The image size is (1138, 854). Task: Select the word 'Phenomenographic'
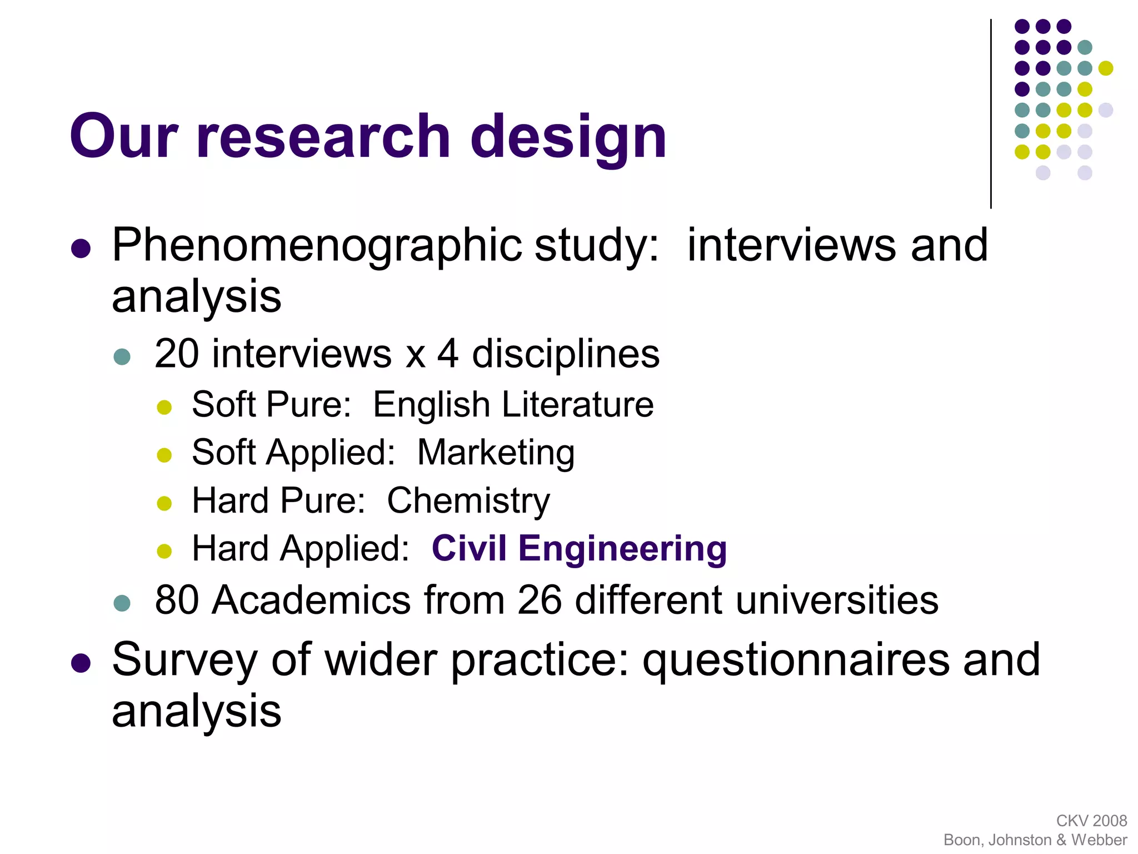click(317, 246)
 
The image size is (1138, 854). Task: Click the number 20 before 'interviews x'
click(176, 354)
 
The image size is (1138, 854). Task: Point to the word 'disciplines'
click(566, 354)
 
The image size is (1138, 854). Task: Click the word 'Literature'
click(578, 404)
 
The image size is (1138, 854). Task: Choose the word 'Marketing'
click(496, 453)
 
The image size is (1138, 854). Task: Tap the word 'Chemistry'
click(468, 501)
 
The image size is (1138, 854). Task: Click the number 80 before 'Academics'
click(177, 600)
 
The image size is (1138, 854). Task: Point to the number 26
click(539, 600)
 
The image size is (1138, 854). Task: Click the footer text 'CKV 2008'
click(1091, 821)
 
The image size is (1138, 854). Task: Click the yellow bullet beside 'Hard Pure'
click(164, 503)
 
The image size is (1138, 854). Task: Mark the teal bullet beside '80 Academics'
click(122, 603)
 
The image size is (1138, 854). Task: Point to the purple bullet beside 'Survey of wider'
click(81, 663)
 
